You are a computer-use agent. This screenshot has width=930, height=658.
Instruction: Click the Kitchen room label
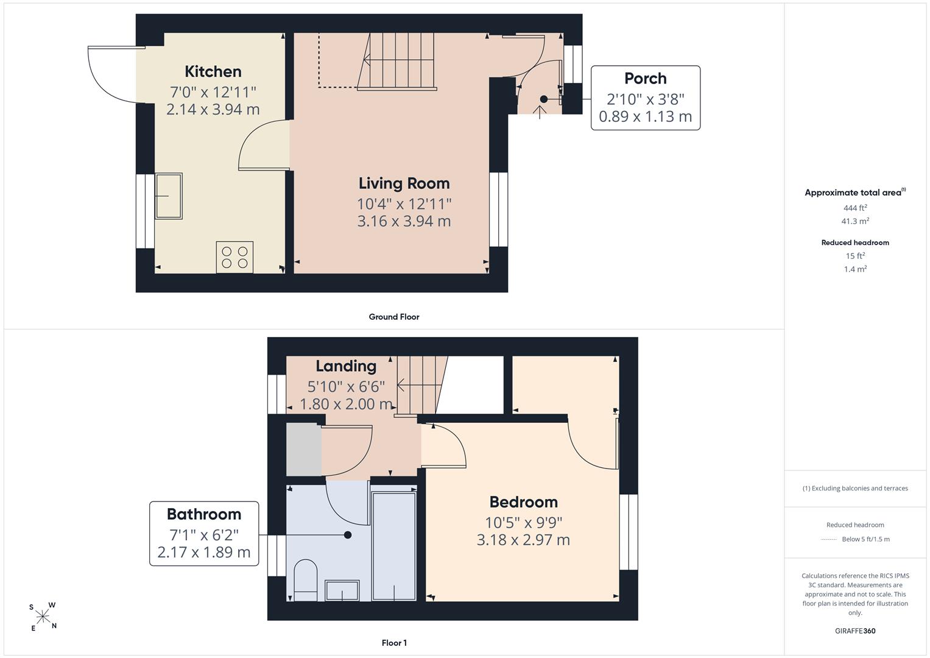(x=213, y=71)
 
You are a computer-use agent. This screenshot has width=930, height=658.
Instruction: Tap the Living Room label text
(x=404, y=183)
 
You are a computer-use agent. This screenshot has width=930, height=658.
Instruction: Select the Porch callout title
(x=645, y=78)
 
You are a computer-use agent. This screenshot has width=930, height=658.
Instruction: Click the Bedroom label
(x=523, y=502)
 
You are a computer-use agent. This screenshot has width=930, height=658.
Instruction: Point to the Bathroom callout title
(x=204, y=514)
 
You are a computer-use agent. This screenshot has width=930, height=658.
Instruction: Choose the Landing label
(x=346, y=366)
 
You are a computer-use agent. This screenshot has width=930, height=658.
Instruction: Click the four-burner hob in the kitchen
(x=234, y=257)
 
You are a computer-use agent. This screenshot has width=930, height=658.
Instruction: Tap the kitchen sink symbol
(x=169, y=196)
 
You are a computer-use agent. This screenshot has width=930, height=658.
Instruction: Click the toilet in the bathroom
(x=306, y=580)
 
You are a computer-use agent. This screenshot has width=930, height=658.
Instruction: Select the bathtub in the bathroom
(x=394, y=547)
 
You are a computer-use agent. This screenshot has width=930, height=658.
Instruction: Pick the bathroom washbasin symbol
(x=342, y=590)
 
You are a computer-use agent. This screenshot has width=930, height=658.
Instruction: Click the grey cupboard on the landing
(x=304, y=450)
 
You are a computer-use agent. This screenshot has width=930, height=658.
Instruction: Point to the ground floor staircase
(x=397, y=61)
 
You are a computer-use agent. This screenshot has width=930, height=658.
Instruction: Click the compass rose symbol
(x=43, y=617)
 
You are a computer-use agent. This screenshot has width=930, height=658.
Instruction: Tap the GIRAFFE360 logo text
(x=855, y=631)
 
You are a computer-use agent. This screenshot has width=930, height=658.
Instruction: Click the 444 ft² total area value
(x=855, y=208)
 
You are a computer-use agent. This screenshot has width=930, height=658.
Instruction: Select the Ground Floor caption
(x=394, y=317)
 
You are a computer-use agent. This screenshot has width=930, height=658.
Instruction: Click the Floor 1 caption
(x=394, y=643)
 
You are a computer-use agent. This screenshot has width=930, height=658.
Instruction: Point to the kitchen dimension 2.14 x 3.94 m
(x=213, y=109)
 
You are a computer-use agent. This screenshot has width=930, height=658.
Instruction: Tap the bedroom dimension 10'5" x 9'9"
(x=523, y=522)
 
